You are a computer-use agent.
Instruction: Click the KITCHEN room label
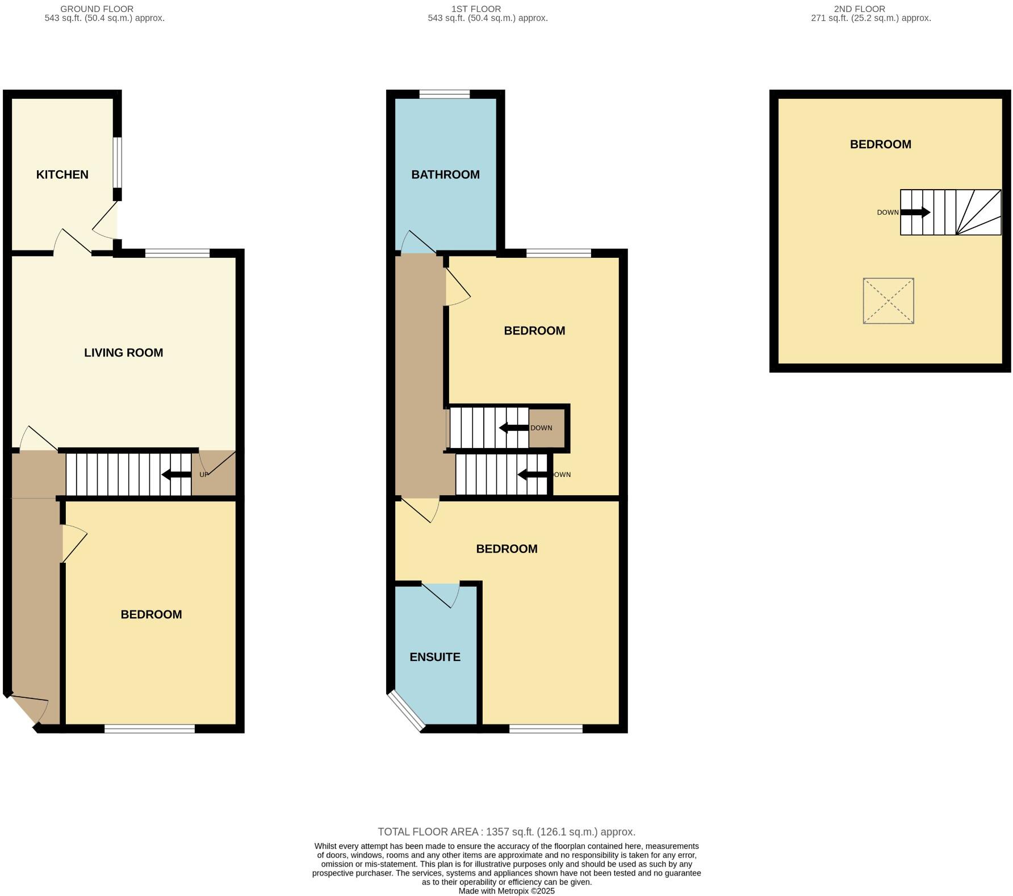(x=62, y=175)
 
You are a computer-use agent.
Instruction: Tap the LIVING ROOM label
(x=124, y=353)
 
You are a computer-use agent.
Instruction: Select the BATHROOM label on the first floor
(x=445, y=175)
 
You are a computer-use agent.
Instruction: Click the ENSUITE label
(x=435, y=657)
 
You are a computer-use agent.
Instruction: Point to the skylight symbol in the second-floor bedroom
(x=888, y=301)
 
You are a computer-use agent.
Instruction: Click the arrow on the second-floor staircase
(x=915, y=212)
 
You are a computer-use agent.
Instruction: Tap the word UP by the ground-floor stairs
(x=204, y=475)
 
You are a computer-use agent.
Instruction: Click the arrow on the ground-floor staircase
(x=177, y=475)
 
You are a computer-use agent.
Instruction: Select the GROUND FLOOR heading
(x=97, y=9)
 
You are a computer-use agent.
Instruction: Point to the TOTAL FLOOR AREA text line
(x=506, y=832)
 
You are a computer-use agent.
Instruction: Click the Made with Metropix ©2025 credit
(x=506, y=891)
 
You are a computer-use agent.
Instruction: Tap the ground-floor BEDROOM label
(x=151, y=614)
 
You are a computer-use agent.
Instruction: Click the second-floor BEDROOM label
(x=880, y=145)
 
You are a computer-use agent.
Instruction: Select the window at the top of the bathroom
(x=445, y=94)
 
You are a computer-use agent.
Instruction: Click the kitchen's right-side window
(x=117, y=162)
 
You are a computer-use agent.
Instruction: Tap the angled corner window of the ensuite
(x=407, y=711)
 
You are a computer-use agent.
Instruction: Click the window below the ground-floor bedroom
(x=150, y=728)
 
